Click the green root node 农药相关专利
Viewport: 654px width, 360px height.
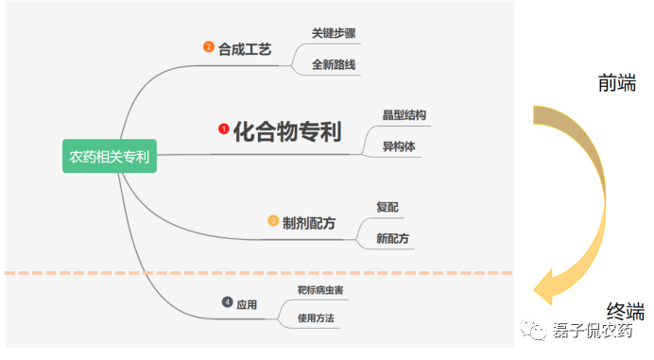(109, 156)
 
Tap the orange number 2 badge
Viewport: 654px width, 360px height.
(209, 47)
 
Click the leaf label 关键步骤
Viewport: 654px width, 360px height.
(334, 33)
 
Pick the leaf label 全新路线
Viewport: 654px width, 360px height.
(334, 65)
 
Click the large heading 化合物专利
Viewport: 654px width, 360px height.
(287, 130)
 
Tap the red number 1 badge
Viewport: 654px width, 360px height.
(223, 128)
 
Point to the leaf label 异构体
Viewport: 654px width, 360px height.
(399, 146)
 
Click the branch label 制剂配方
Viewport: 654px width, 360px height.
(309, 223)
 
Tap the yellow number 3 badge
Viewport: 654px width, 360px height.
(273, 221)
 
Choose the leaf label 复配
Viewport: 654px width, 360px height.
(387, 207)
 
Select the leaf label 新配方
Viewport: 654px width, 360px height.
(392, 238)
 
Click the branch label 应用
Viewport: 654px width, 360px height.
(247, 304)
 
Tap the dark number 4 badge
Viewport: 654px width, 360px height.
(227, 302)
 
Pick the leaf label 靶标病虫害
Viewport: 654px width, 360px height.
(319, 290)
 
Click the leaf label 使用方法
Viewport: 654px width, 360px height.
(316, 318)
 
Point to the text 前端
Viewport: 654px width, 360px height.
(616, 83)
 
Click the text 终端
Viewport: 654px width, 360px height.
(625, 311)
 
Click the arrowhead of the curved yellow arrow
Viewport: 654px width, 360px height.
(546, 283)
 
